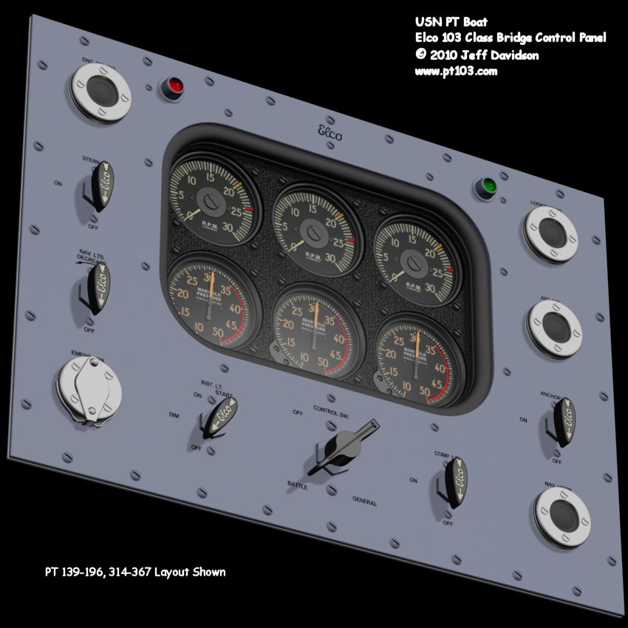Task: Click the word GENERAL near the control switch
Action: coord(364,502)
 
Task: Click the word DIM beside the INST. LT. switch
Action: coord(174,416)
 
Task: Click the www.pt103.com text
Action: coord(456,71)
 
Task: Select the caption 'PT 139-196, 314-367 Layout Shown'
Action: coord(135,572)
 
